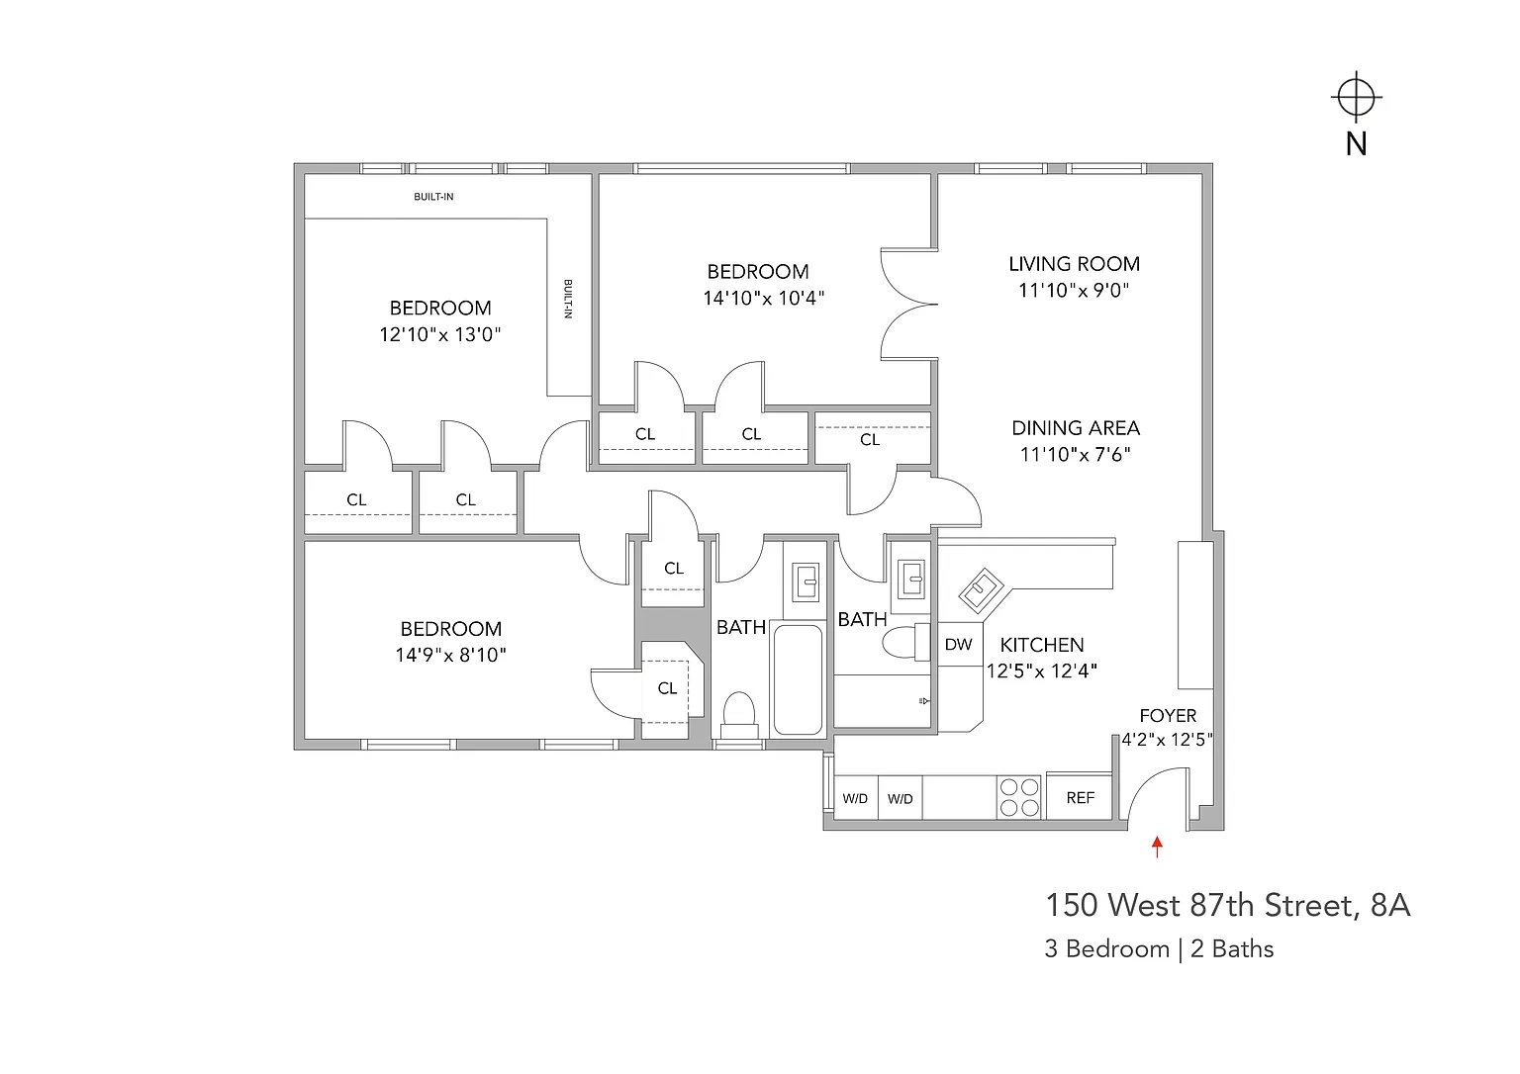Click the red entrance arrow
[x=1158, y=847]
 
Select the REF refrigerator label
[x=1081, y=798]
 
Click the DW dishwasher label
[x=958, y=645]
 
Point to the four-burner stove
[x=1019, y=797]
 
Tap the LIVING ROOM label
[x=1074, y=264]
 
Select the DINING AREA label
[x=1076, y=428]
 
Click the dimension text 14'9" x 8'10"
[x=451, y=655]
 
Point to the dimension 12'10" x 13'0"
[x=440, y=334]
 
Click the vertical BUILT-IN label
[x=568, y=299]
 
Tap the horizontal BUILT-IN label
[x=433, y=197]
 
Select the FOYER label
[x=1168, y=716]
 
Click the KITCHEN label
[x=1042, y=645]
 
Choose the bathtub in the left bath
[x=798, y=679]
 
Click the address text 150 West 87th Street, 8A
[x=1228, y=905]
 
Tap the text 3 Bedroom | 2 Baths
[x=1159, y=949]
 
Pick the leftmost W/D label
[x=855, y=799]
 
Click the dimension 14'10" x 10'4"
[x=763, y=299]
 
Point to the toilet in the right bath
[x=905, y=642]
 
